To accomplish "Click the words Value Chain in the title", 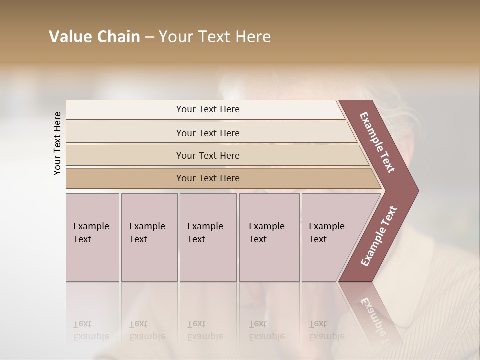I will pyautogui.click(x=94, y=37).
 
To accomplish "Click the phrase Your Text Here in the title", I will pyautogui.click(x=215, y=37).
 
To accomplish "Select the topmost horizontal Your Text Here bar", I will pyautogui.click(x=208, y=109).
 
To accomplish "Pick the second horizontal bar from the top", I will pyautogui.click(x=208, y=133).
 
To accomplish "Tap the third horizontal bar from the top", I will pyautogui.click(x=208, y=155).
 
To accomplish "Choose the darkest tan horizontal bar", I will pyautogui.click(x=208, y=178).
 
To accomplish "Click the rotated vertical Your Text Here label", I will pyautogui.click(x=57, y=143).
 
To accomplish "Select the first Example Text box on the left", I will pyautogui.click(x=92, y=237).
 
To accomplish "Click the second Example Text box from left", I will pyautogui.click(x=149, y=237).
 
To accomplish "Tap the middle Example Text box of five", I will pyautogui.click(x=208, y=237).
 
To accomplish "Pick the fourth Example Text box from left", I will pyautogui.click(x=269, y=237).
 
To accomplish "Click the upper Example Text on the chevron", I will pyautogui.click(x=377, y=142).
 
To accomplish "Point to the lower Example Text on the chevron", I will pyautogui.click(x=379, y=236).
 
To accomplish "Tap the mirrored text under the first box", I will pyautogui.click(x=90, y=330).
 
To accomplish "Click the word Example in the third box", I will pyautogui.click(x=205, y=226).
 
